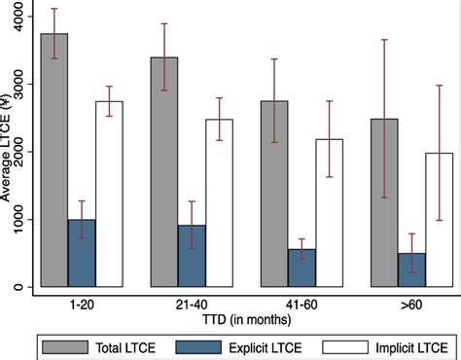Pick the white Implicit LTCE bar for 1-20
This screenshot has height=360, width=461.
(109, 195)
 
